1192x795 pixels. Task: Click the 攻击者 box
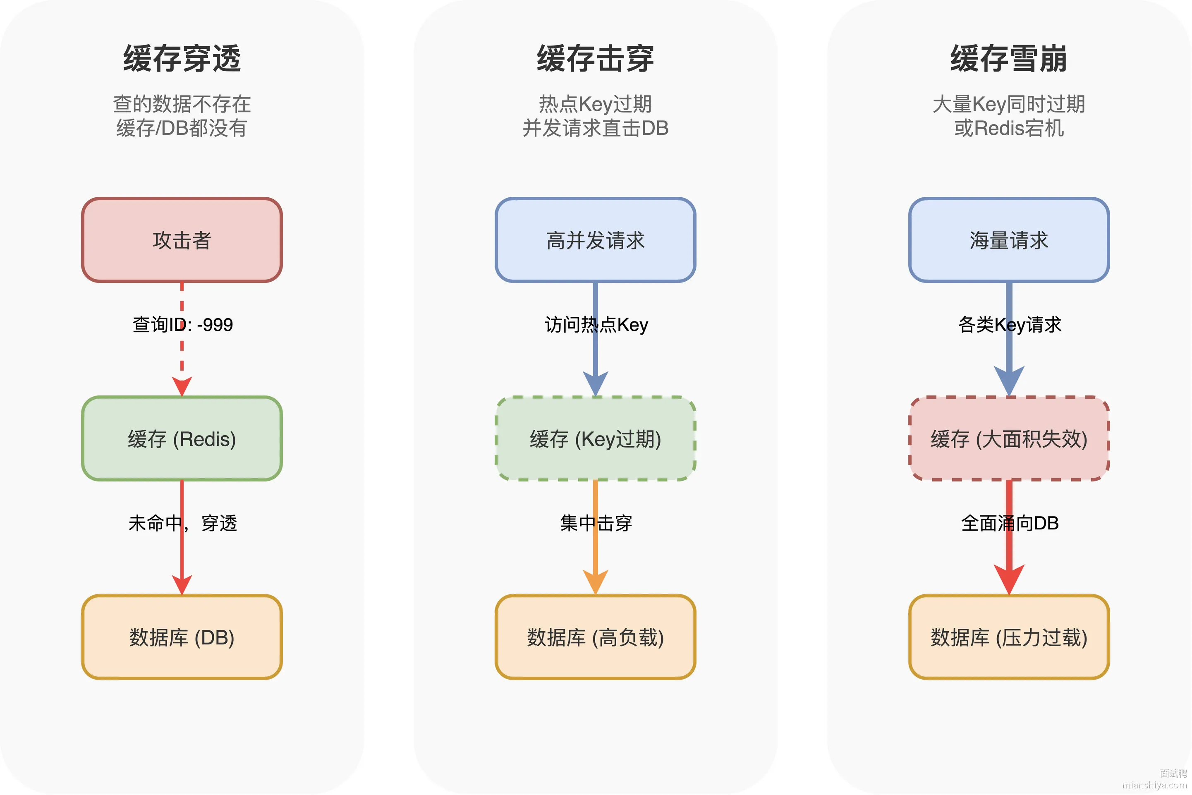182,240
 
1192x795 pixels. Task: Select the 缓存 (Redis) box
182,438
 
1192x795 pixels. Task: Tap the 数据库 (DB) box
182,637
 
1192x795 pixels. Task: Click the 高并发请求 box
595,240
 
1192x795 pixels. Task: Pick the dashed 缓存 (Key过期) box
595,438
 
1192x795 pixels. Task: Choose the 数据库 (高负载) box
595,637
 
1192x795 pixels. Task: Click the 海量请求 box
1009,240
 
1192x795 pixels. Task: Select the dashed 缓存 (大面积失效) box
1009,438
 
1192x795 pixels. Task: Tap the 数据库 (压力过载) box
1009,637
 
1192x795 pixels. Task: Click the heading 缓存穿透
182,59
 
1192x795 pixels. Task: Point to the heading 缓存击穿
595,59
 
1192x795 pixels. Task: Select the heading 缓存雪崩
1009,59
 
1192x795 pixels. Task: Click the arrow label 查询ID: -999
182,324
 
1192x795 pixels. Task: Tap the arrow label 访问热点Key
596,324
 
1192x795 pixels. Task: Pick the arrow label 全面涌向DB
1010,523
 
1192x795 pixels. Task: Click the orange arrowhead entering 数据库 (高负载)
595,582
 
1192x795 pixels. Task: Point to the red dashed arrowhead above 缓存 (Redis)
182,386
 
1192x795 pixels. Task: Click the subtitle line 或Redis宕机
1009,128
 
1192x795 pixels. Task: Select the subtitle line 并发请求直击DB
595,128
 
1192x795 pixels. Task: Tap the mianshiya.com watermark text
1154,785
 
